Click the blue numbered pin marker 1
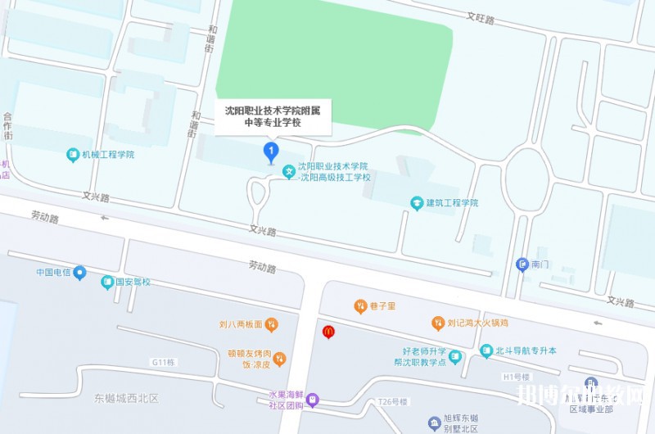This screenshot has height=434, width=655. [x=270, y=151]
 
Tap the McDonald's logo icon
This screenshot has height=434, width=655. [x=328, y=332]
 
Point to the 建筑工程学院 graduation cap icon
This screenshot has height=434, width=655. [x=417, y=202]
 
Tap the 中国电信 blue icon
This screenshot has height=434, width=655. [x=79, y=273]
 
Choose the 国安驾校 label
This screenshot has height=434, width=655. [x=132, y=283]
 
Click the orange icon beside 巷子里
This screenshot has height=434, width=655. [x=360, y=306]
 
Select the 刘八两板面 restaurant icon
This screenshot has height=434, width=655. [x=272, y=326]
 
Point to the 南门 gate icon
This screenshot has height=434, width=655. [x=522, y=264]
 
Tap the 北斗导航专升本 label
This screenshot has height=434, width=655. [x=526, y=350]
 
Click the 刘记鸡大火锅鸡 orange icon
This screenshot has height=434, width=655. [x=438, y=323]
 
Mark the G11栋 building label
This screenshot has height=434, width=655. [x=165, y=362]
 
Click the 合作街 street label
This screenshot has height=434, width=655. [x=8, y=126]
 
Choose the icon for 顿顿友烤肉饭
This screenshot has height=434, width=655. [x=279, y=359]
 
